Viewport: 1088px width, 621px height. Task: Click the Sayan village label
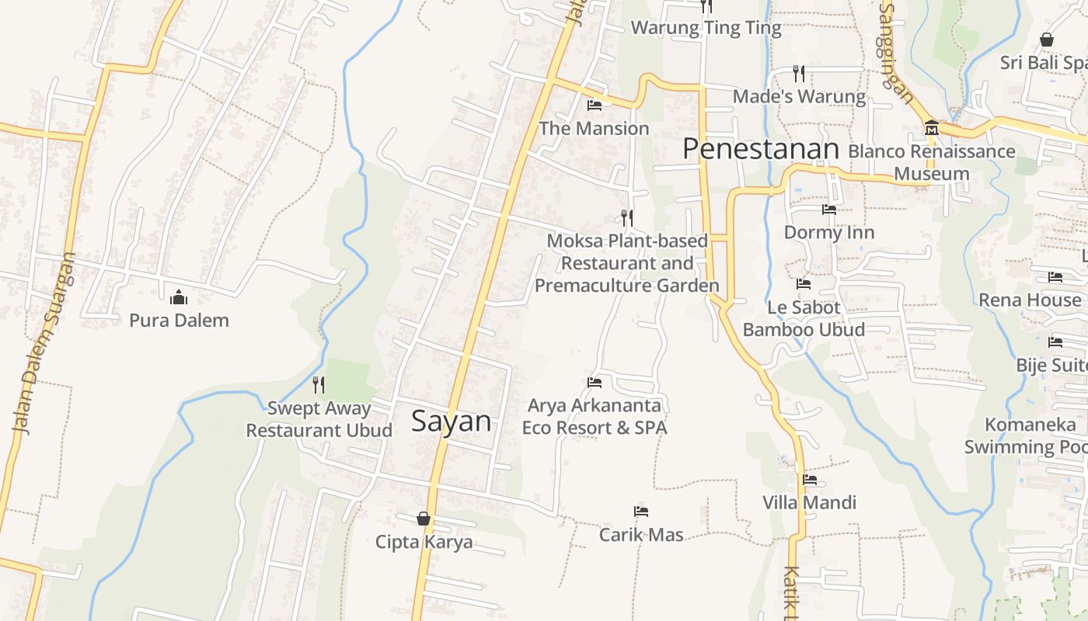click(x=451, y=422)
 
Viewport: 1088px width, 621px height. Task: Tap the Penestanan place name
click(x=761, y=149)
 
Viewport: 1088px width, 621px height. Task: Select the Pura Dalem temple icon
click(x=179, y=297)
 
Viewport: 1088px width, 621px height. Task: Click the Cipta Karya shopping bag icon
click(x=424, y=519)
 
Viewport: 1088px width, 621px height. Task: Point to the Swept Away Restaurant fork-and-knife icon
click(x=319, y=384)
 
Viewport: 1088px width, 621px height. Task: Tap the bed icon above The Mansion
click(x=595, y=106)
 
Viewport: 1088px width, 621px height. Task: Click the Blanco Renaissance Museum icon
click(x=932, y=128)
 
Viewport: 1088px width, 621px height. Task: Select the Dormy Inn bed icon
click(x=829, y=210)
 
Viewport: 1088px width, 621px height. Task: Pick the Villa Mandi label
click(x=809, y=502)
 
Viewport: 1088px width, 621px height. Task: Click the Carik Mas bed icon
click(x=641, y=512)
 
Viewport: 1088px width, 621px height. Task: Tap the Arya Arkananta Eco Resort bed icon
click(x=595, y=383)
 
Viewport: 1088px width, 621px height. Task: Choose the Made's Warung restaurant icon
click(x=799, y=74)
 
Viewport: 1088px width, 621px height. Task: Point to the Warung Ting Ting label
click(x=706, y=28)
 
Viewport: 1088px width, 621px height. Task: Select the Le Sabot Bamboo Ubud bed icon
click(x=804, y=285)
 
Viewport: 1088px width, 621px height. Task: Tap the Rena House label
click(x=1030, y=300)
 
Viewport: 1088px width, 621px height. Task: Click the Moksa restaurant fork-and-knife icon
click(x=627, y=218)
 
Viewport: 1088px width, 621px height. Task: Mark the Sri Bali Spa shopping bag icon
click(x=1047, y=40)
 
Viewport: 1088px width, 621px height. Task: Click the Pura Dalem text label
click(x=179, y=320)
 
